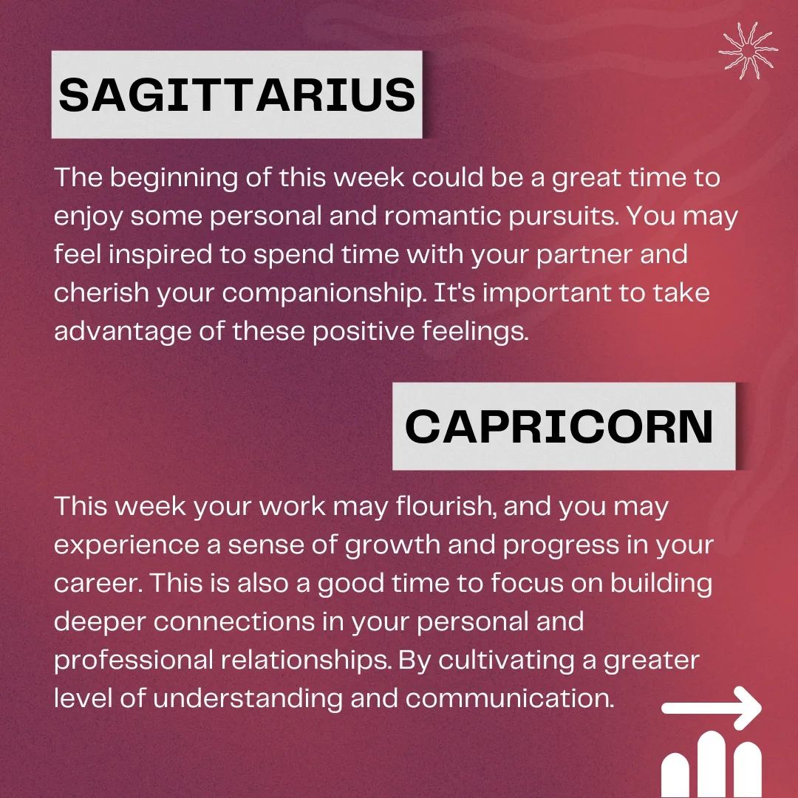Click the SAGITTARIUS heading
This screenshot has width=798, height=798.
tap(236, 95)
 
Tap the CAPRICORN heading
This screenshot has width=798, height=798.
tap(559, 426)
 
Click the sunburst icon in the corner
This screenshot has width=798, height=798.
tap(748, 50)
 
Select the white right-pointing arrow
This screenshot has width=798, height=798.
tap(711, 708)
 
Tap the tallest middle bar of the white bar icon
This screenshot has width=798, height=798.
tap(712, 765)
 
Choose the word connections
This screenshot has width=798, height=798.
tap(234, 622)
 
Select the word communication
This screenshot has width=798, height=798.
tap(510, 699)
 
